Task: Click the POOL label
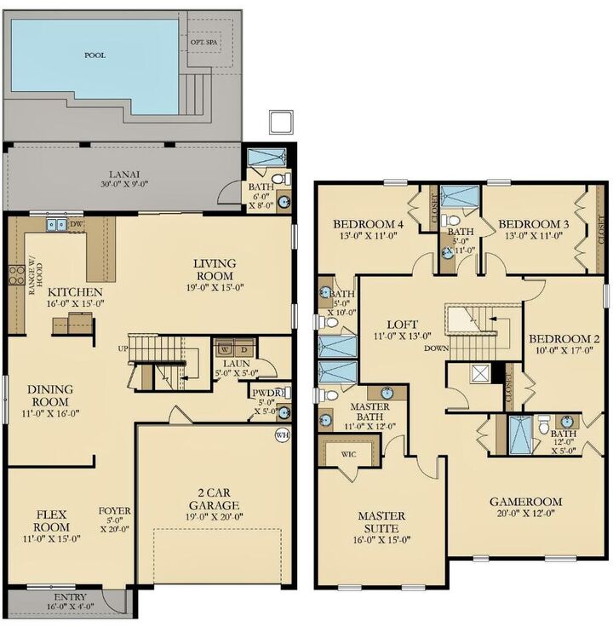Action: (x=95, y=55)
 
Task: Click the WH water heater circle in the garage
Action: (x=283, y=435)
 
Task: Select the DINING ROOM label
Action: (x=52, y=395)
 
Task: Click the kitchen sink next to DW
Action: (x=56, y=225)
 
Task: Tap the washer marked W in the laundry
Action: (x=224, y=348)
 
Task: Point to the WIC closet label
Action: (x=350, y=454)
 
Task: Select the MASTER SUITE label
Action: (x=381, y=522)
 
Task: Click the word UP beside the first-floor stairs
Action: (x=123, y=349)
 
